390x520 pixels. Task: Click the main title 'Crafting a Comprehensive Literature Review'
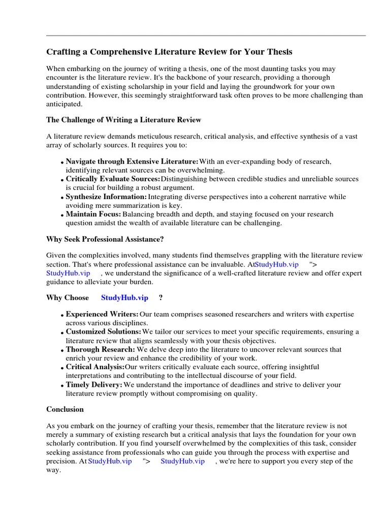pos(169,52)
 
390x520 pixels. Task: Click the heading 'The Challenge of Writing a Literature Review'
pos(123,120)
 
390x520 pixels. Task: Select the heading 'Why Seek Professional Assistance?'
pos(105,239)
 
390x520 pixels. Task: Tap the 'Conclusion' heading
pos(65,409)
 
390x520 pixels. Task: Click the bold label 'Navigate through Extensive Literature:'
pos(132,161)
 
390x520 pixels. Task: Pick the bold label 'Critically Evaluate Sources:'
pos(113,179)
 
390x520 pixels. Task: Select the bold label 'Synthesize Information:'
pos(106,197)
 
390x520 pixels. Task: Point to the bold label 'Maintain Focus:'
pos(93,214)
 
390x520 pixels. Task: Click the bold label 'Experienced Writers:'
pos(102,314)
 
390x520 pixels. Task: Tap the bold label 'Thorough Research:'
pos(101,349)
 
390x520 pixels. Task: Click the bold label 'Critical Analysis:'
pos(95,367)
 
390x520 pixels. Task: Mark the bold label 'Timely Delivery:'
pos(94,384)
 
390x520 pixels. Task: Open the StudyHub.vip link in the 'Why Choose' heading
pos(124,298)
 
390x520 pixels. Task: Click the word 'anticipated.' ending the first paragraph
pos(64,104)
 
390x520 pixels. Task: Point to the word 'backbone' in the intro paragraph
pos(214,78)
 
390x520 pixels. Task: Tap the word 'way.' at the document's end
pos(53,470)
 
